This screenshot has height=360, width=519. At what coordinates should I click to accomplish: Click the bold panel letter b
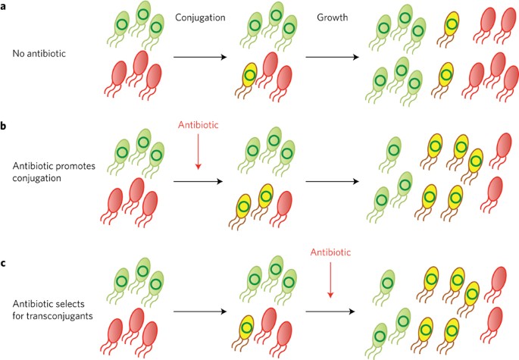coord(5,122)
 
